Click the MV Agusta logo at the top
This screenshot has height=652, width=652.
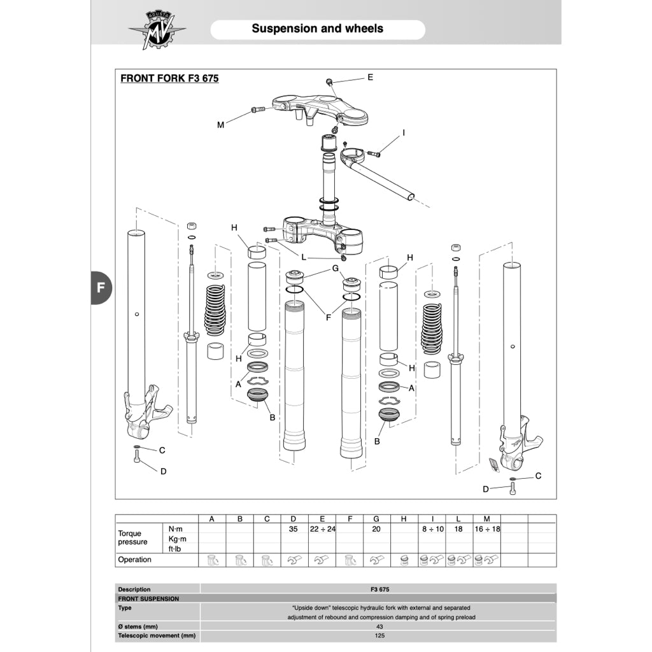(x=156, y=30)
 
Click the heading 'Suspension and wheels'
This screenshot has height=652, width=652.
(x=317, y=29)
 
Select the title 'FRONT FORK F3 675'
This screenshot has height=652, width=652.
(x=169, y=79)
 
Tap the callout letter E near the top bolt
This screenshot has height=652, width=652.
(x=370, y=78)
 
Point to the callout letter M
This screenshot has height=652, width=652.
(x=220, y=125)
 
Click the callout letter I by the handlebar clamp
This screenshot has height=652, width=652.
(x=403, y=133)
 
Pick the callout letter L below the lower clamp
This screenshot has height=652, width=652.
(x=304, y=257)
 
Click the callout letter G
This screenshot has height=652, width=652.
(x=335, y=269)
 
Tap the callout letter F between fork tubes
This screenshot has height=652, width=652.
(x=329, y=317)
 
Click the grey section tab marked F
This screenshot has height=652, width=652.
(x=101, y=287)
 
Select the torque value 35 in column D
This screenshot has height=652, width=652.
(x=293, y=529)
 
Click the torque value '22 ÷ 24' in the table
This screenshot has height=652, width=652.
(x=322, y=529)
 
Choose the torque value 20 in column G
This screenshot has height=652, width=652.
(x=376, y=529)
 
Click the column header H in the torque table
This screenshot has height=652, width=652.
(x=404, y=519)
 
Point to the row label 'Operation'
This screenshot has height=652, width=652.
(x=135, y=560)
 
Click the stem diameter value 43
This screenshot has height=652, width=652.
(x=379, y=627)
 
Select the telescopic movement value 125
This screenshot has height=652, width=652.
(x=379, y=635)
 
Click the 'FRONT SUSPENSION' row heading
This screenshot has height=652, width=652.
(x=148, y=599)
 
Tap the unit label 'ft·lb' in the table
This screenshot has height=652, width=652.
(x=174, y=548)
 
